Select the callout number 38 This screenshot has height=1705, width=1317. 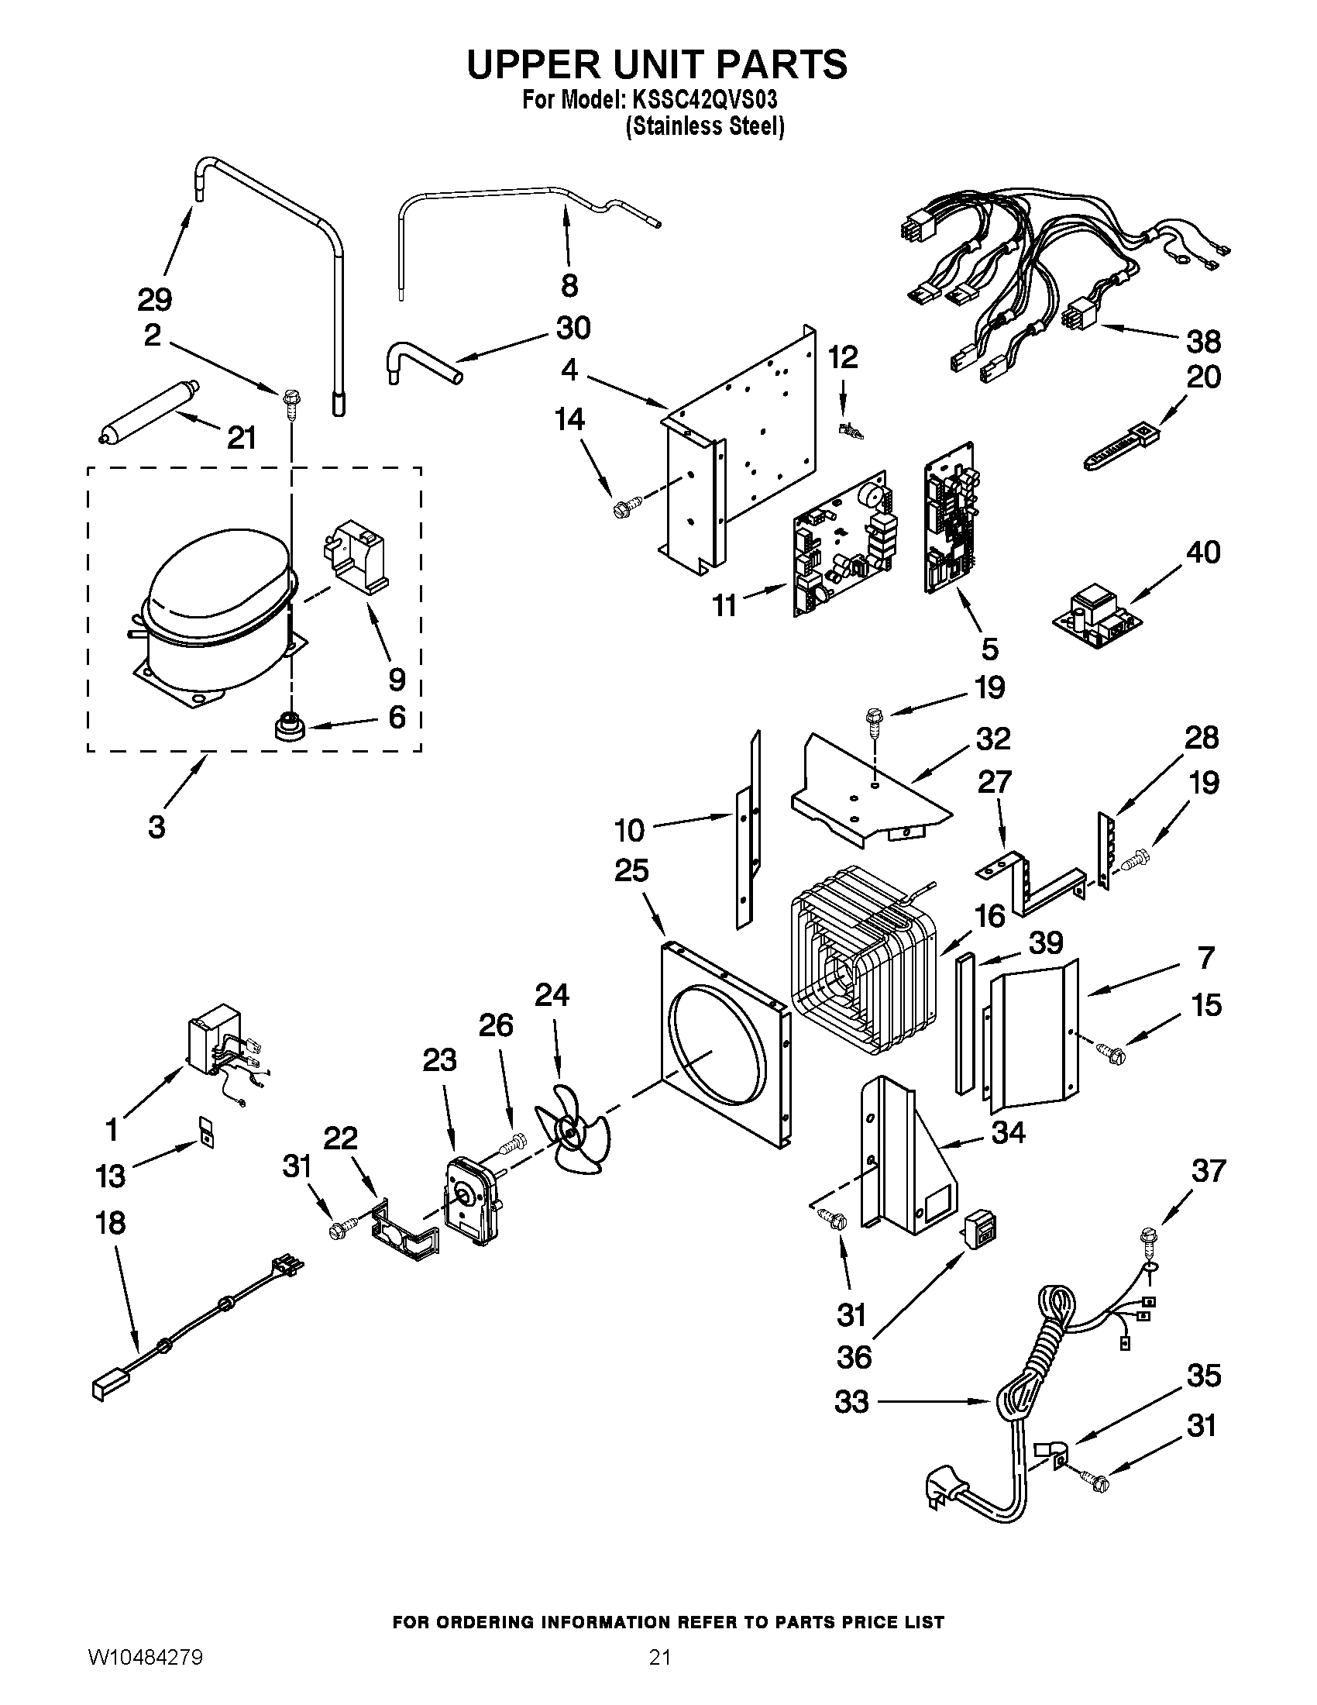1203,341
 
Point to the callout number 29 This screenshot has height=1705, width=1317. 154,299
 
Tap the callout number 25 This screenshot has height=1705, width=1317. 631,870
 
